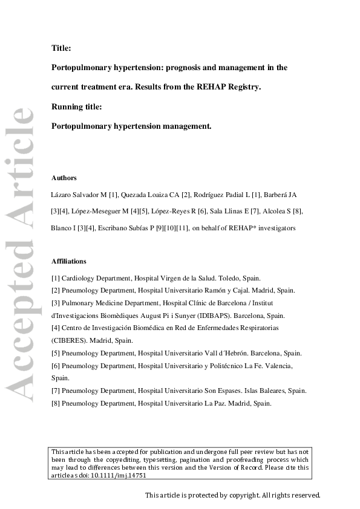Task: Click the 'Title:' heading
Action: pos(61,48)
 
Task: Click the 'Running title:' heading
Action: pos(77,106)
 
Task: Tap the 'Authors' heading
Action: pos(64,178)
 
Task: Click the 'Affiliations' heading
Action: pos(69,261)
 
